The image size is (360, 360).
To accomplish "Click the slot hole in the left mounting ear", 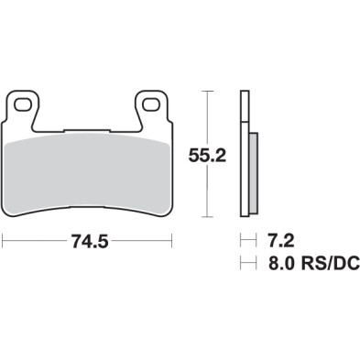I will click(x=25, y=103).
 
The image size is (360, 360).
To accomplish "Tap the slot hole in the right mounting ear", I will click(x=152, y=103).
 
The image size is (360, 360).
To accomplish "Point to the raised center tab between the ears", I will click(x=88, y=127).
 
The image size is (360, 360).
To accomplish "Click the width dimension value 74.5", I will click(x=88, y=243).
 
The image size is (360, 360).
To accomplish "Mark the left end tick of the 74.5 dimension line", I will click(x=4, y=242).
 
